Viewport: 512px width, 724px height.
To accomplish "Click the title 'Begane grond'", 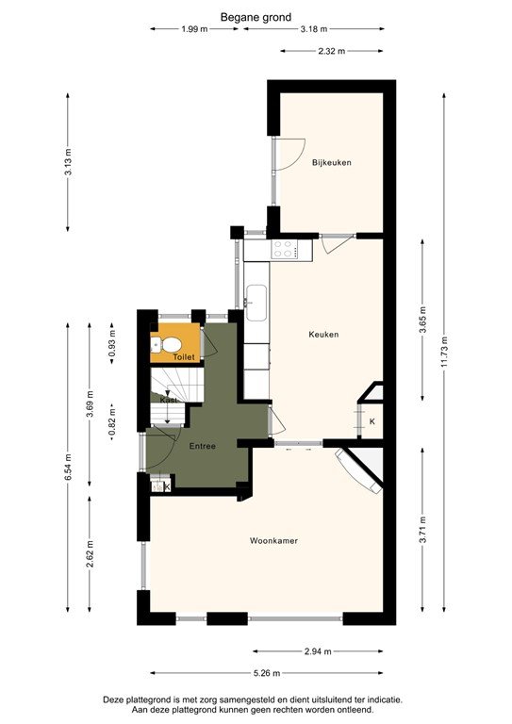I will pyautogui.click(x=256, y=16).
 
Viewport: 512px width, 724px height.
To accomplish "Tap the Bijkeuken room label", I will pyautogui.click(x=332, y=163).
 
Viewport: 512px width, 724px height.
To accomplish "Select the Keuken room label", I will pyautogui.click(x=323, y=335).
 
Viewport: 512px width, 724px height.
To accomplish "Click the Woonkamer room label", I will pyautogui.click(x=273, y=541).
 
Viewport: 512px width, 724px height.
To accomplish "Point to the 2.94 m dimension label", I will pyautogui.click(x=319, y=651).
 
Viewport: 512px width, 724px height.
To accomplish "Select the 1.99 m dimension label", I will pyautogui.click(x=195, y=29).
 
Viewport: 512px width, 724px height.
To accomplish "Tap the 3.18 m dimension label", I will pyautogui.click(x=315, y=29).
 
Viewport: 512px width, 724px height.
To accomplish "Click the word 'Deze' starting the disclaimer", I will pyautogui.click(x=115, y=699).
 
